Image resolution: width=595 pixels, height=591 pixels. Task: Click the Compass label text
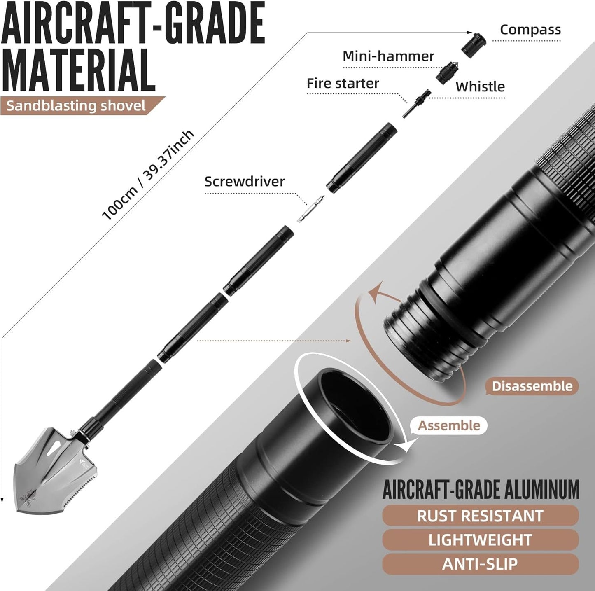[x=530, y=30]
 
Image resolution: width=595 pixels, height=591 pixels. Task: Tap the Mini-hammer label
[x=388, y=56]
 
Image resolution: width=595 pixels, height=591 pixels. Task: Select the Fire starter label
[x=343, y=83]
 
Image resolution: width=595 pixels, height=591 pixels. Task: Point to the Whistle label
[x=480, y=86]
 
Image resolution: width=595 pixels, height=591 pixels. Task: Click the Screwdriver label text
[x=245, y=181]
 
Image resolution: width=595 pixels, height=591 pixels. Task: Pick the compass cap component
[x=474, y=44]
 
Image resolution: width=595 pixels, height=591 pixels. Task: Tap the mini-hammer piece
[x=447, y=72]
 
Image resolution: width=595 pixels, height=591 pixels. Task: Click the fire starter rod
[x=415, y=104]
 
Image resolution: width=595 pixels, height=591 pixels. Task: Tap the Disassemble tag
[x=532, y=386]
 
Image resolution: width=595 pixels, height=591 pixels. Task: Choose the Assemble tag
[x=449, y=425]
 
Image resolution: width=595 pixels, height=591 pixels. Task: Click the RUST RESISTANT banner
[x=480, y=516]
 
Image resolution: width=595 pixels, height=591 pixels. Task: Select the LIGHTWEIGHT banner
[x=480, y=540]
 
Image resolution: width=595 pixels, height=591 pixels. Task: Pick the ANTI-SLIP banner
[x=480, y=564]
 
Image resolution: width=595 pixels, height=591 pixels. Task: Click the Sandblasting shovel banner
[x=76, y=106]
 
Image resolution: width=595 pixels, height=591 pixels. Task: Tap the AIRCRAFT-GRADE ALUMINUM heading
[x=481, y=489]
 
